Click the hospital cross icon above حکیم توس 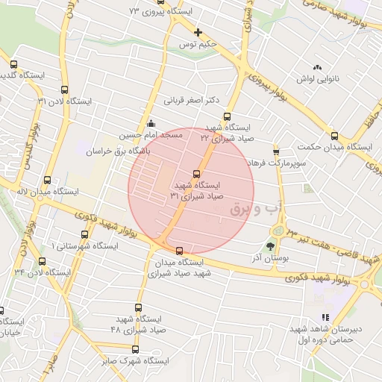pos(197,32)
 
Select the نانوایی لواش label pos(319,78)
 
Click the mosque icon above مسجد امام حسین pos(151,124)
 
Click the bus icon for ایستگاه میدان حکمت pos(334,137)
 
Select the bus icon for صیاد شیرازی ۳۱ pos(197,174)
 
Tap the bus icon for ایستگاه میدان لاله pos(48,180)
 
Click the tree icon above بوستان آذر pos(269,244)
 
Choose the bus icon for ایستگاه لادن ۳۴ pos(42,261)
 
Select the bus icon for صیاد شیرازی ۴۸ pos(137,307)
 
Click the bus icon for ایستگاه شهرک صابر pos(134,348)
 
